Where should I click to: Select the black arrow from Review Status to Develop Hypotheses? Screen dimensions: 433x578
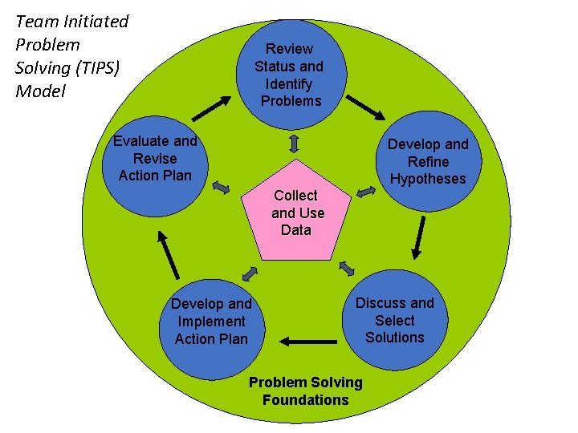pyautogui.click(x=365, y=110)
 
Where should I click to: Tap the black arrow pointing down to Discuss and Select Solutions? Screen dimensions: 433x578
pyautogui.click(x=417, y=238)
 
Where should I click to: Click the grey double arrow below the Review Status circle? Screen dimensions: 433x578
pyautogui.click(x=295, y=144)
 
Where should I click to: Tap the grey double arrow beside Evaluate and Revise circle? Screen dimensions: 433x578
pyautogui.click(x=221, y=188)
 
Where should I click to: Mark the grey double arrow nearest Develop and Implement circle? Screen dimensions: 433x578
pyautogui.click(x=250, y=273)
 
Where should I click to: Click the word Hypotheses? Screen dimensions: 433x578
pyautogui.click(x=428, y=179)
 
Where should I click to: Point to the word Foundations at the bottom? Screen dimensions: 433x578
pyautogui.click(x=306, y=399)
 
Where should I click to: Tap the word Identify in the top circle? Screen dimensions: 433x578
pyautogui.click(x=289, y=83)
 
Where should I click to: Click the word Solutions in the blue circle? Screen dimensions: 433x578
pyautogui.click(x=395, y=337)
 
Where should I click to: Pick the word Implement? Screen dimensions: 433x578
pyautogui.click(x=212, y=322)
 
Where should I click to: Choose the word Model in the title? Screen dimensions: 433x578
pyautogui.click(x=41, y=91)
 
